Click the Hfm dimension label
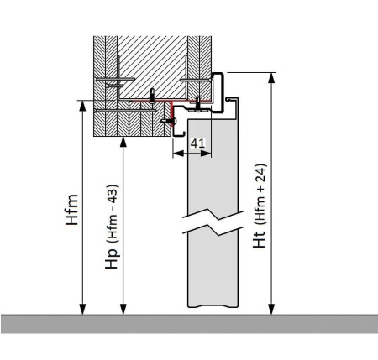coord(71,210)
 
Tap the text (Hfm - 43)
coord(113,214)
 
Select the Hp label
coord(112,258)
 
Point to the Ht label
coord(259,239)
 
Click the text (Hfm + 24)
coord(260,195)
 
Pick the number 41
coord(197,143)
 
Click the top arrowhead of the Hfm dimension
coord(82,106)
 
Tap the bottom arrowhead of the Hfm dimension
coord(82,309)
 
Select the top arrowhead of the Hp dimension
coord(123,142)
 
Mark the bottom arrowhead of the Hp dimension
coord(123,309)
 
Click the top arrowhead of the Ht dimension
coord(271,78)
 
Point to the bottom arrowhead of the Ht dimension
coord(271,309)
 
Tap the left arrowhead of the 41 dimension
coord(178,154)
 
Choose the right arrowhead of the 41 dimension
coord(206,154)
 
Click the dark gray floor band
coord(189,324)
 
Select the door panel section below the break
coord(213,269)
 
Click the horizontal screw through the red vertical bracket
coord(169,121)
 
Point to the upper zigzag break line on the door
coord(213,215)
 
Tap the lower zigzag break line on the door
coord(213,230)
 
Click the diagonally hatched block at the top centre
coord(152,67)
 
